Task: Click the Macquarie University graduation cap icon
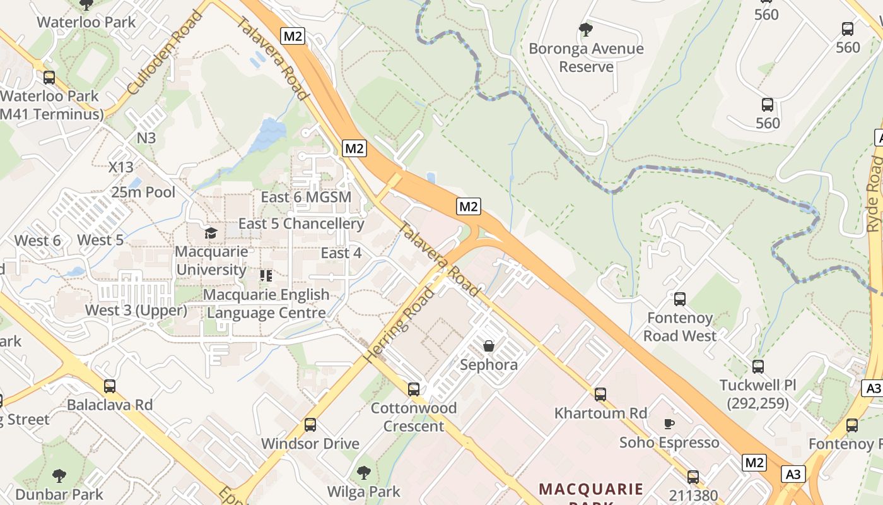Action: click(211, 233)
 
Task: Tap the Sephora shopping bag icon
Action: click(489, 345)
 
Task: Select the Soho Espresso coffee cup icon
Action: click(669, 423)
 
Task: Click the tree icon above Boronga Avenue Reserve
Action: click(585, 29)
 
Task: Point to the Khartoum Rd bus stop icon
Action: click(600, 394)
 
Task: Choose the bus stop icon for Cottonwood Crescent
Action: click(414, 389)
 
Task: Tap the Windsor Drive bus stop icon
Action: click(310, 424)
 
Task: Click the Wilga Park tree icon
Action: click(363, 472)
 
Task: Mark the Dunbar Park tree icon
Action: click(59, 475)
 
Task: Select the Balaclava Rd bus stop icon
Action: click(110, 386)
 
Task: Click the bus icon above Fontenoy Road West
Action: click(680, 299)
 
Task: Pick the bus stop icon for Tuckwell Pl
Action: click(758, 366)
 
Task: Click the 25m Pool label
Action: click(143, 192)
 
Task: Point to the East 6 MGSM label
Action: click(306, 197)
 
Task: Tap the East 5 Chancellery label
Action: click(301, 223)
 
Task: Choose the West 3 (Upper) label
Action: click(136, 310)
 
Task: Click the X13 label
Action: click(121, 167)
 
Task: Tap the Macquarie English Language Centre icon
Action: click(266, 276)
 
